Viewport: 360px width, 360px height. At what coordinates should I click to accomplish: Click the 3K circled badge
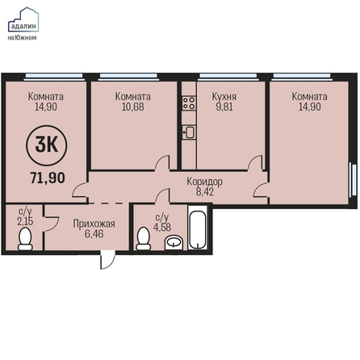(47, 145)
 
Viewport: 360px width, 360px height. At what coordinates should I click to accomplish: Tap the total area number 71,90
(48, 178)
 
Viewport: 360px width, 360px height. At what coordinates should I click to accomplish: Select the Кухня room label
(224, 96)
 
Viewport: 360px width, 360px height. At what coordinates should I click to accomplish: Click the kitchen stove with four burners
(189, 103)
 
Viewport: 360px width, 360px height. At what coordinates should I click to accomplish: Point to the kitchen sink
(189, 132)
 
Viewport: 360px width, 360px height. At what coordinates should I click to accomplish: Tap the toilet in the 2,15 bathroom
(25, 239)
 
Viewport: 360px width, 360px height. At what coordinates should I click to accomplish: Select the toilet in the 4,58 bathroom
(143, 239)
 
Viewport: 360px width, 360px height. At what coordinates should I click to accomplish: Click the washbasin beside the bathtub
(174, 243)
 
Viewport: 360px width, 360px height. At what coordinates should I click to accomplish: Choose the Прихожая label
(94, 224)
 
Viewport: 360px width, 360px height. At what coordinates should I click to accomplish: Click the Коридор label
(204, 182)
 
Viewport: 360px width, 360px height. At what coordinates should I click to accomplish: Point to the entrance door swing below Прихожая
(107, 260)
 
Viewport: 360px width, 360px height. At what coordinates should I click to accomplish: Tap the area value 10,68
(133, 107)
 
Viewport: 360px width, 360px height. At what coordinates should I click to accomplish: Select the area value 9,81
(224, 107)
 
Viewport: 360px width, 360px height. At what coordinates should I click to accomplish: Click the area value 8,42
(205, 192)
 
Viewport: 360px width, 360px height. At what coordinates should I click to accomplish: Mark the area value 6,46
(94, 234)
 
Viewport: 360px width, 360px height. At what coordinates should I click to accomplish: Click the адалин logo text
(23, 27)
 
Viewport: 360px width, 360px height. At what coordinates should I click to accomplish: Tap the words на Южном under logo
(22, 38)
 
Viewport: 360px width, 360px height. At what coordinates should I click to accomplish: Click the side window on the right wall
(351, 179)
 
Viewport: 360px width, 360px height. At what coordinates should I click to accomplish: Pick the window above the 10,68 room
(128, 77)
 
